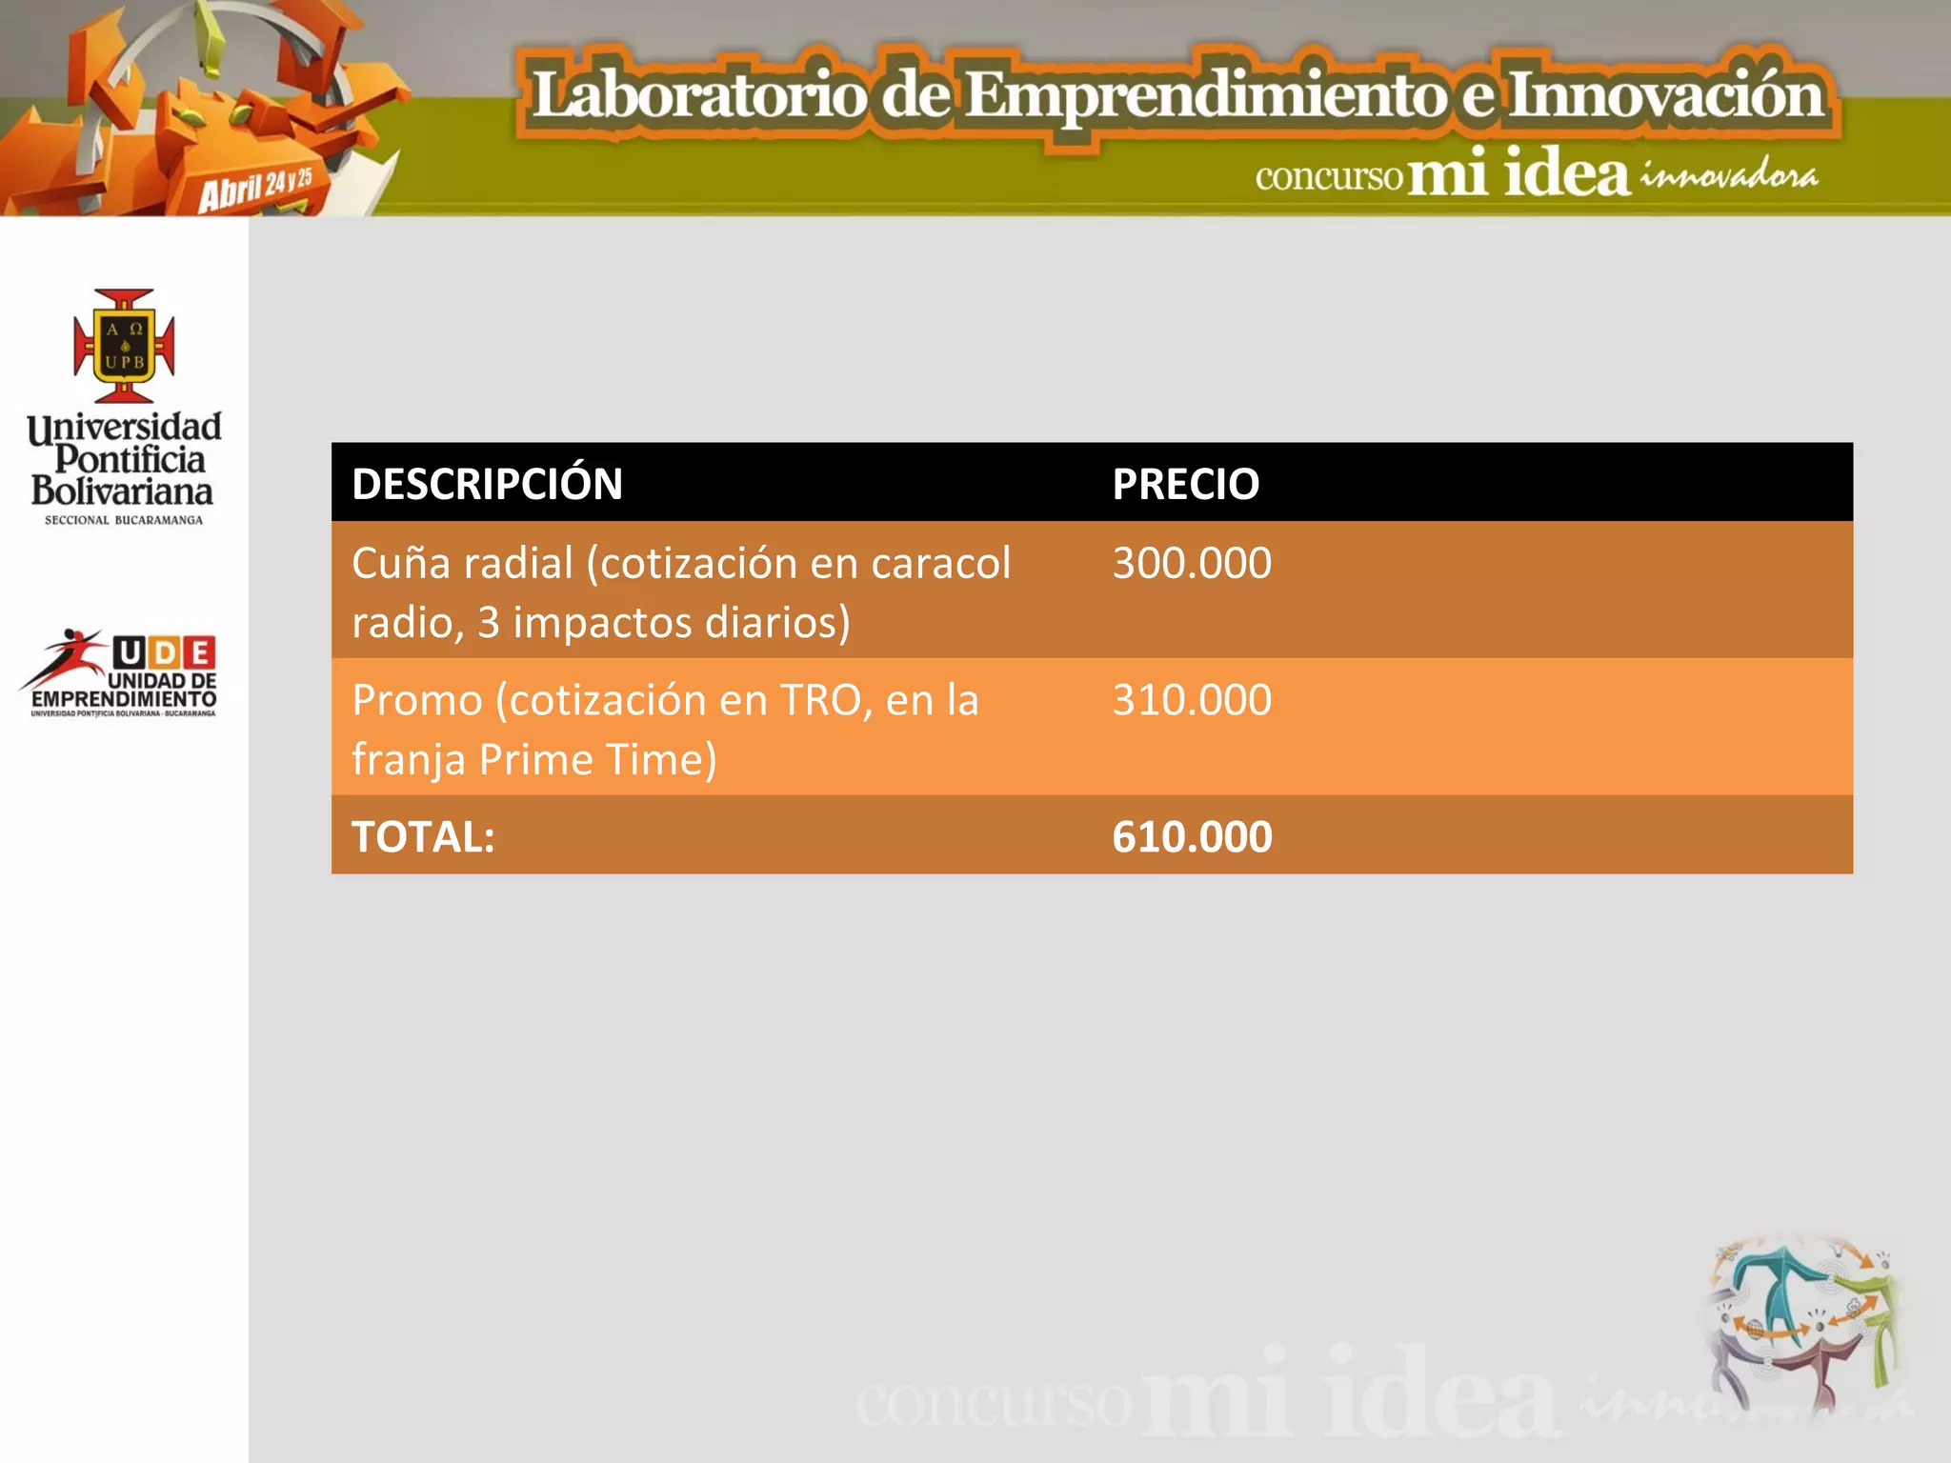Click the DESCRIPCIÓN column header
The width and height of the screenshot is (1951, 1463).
[487, 484]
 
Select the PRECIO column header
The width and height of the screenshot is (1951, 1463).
[1185, 484]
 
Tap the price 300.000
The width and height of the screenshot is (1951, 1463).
[1192, 563]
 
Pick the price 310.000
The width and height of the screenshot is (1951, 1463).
[1192, 700]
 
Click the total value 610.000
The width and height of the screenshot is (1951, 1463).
[1192, 836]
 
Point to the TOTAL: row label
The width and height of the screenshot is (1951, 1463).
[423, 836]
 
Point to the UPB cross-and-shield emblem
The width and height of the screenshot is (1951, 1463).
[124, 346]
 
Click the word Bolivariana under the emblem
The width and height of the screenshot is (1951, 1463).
[122, 491]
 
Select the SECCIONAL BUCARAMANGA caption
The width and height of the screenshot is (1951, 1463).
[124, 520]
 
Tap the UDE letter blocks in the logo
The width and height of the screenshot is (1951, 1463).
[164, 652]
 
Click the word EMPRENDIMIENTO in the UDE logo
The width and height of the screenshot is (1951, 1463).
[124, 699]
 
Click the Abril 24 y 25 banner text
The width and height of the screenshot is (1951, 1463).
[255, 188]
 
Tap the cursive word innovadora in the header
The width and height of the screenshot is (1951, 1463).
[1728, 176]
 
